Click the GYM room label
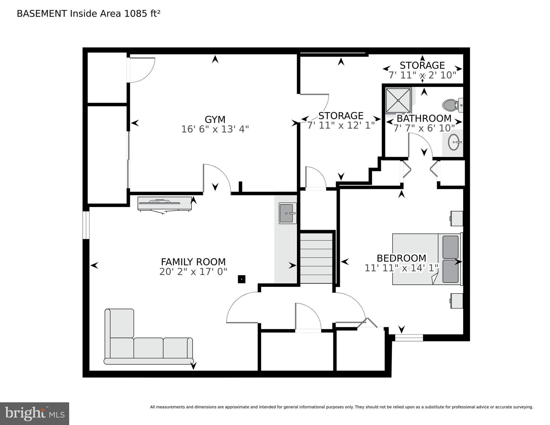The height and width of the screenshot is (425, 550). click(x=215, y=120)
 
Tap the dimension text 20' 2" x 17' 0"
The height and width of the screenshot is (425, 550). click(x=193, y=272)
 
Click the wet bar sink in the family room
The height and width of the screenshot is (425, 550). click(x=287, y=213)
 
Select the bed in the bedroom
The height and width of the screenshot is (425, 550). click(x=426, y=259)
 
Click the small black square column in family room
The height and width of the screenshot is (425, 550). click(x=242, y=279)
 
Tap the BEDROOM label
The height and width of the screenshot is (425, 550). click(x=401, y=258)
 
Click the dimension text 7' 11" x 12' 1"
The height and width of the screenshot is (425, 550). click(x=341, y=125)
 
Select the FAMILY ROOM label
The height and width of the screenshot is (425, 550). click(x=193, y=262)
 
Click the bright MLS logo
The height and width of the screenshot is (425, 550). click(x=35, y=413)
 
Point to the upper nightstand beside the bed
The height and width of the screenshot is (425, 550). click(x=456, y=219)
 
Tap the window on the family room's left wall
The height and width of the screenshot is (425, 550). click(x=86, y=225)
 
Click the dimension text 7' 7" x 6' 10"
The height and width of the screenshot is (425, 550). click(x=424, y=128)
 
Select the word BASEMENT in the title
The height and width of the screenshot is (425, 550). click(x=42, y=14)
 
